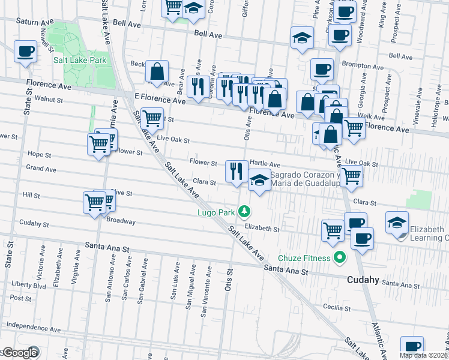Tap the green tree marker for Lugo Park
[x=244, y=211]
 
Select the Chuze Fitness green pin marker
[x=339, y=258]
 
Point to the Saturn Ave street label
[x=35, y=22]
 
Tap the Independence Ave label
[x=33, y=329]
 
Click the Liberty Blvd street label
[x=29, y=285]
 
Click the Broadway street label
[x=121, y=221]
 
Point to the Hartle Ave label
[x=265, y=163]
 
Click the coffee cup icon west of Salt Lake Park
[x=25, y=52]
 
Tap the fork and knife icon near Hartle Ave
[x=237, y=171]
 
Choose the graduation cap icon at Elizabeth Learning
[x=397, y=222]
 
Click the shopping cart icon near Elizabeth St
[x=333, y=230]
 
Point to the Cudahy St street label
[x=34, y=224]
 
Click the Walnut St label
[x=49, y=98]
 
